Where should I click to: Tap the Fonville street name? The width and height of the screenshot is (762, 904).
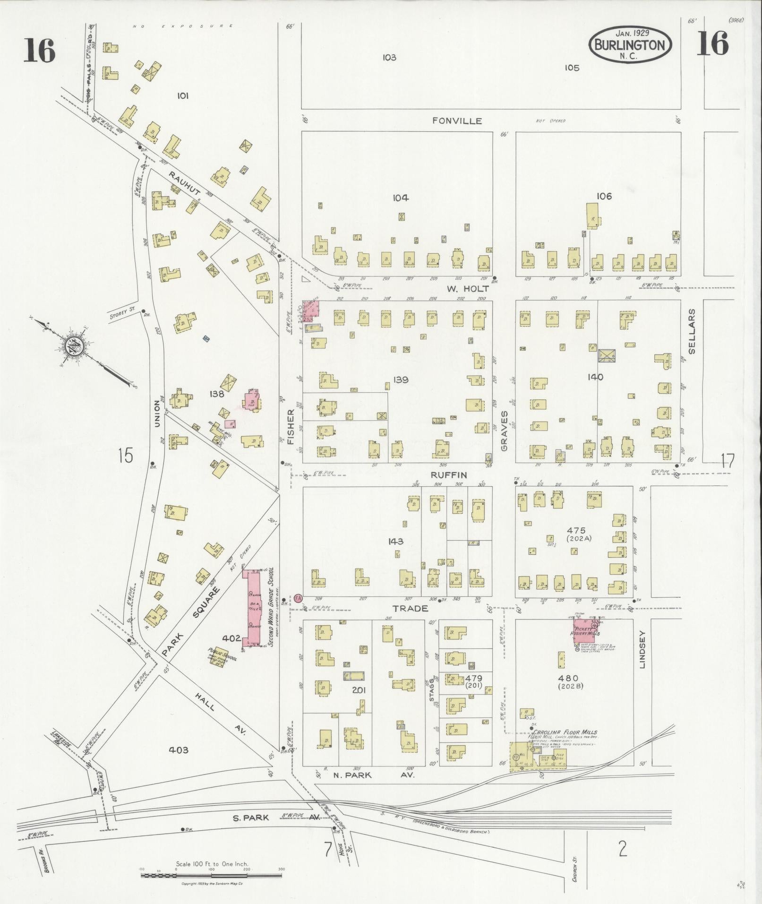[x=457, y=121]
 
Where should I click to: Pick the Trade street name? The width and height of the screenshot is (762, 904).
[x=410, y=609]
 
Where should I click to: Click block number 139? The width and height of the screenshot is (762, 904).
[x=401, y=379]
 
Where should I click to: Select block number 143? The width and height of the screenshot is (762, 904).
[x=395, y=541]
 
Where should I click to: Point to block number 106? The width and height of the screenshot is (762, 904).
[x=604, y=196]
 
